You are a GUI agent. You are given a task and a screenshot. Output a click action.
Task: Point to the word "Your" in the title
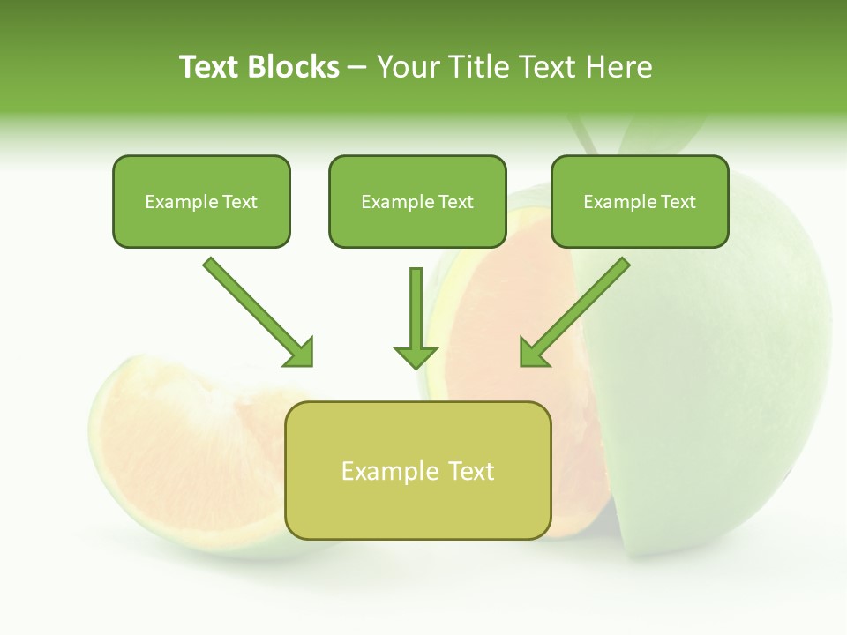(406, 67)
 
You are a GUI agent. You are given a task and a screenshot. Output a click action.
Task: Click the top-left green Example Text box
(201, 202)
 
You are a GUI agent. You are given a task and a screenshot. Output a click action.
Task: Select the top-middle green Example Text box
(417, 202)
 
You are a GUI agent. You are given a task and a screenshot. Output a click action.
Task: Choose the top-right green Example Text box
(640, 202)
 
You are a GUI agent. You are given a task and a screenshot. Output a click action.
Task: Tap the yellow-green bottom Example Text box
(417, 471)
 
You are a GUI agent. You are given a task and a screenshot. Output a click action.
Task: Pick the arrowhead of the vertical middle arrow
(416, 356)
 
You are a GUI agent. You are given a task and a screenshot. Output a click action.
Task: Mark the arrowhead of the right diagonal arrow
(533, 353)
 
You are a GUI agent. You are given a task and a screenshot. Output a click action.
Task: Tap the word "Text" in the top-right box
(678, 202)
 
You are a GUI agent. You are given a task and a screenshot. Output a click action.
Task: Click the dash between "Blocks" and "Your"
(357, 68)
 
